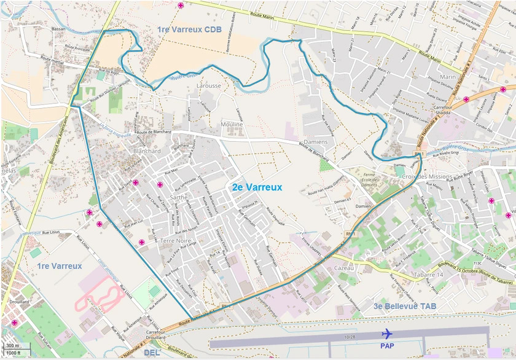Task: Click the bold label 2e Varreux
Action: coord(257,187)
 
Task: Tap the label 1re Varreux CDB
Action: coord(189,29)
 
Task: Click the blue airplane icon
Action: coord(387,334)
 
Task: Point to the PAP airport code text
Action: coord(387,346)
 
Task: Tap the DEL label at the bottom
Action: coord(151,353)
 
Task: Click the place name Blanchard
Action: coord(147,151)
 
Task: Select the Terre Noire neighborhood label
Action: coord(176,241)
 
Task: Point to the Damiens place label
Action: coord(316,142)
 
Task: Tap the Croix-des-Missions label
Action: coord(427,176)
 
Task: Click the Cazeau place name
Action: coord(344,268)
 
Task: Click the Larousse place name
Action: coord(208,86)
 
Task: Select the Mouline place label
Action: coord(232,124)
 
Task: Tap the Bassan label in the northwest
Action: coord(58,29)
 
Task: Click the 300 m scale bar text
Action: coord(12,346)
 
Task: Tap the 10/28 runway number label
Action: coord(350,337)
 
